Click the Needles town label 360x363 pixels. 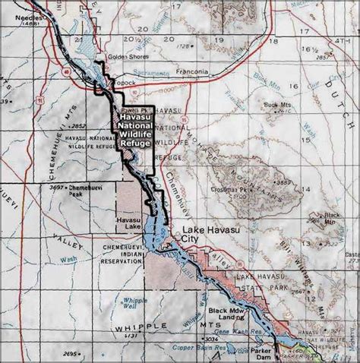coord(14,15)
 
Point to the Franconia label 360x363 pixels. coord(189,72)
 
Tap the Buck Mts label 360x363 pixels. coord(276,103)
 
